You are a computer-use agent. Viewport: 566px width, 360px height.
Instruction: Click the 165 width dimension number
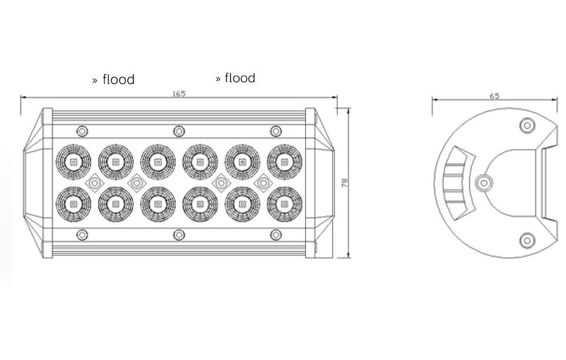[179, 94]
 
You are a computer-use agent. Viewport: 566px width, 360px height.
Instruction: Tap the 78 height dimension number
[345, 183]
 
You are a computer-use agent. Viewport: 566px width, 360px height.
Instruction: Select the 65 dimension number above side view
[494, 96]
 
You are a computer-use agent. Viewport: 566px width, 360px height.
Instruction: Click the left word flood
[118, 79]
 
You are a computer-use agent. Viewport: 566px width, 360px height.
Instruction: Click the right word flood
[240, 78]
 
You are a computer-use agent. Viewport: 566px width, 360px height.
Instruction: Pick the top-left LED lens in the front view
[73, 162]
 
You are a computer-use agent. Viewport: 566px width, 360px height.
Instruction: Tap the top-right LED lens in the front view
[284, 162]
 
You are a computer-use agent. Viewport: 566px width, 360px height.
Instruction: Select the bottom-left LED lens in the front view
[73, 204]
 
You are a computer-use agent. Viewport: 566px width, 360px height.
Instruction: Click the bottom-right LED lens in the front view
[284, 204]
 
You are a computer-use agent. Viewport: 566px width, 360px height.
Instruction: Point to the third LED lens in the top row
[158, 162]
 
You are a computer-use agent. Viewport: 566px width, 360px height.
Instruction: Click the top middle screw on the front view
[179, 131]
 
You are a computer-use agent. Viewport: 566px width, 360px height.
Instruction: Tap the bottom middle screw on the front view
[179, 235]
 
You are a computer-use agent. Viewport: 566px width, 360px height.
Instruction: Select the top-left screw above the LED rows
[82, 131]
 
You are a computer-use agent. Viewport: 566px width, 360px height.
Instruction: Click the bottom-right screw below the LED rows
[276, 235]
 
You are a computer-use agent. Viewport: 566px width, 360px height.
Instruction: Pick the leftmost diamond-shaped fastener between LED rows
[95, 183]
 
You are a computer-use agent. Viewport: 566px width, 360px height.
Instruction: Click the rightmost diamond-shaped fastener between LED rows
[263, 183]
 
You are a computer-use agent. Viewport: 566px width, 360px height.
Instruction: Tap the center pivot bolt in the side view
[484, 183]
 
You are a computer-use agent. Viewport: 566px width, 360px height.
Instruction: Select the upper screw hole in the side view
[527, 126]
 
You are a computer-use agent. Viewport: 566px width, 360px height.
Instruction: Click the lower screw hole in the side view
[527, 240]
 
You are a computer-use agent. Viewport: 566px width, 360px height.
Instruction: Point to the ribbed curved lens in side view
[455, 184]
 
